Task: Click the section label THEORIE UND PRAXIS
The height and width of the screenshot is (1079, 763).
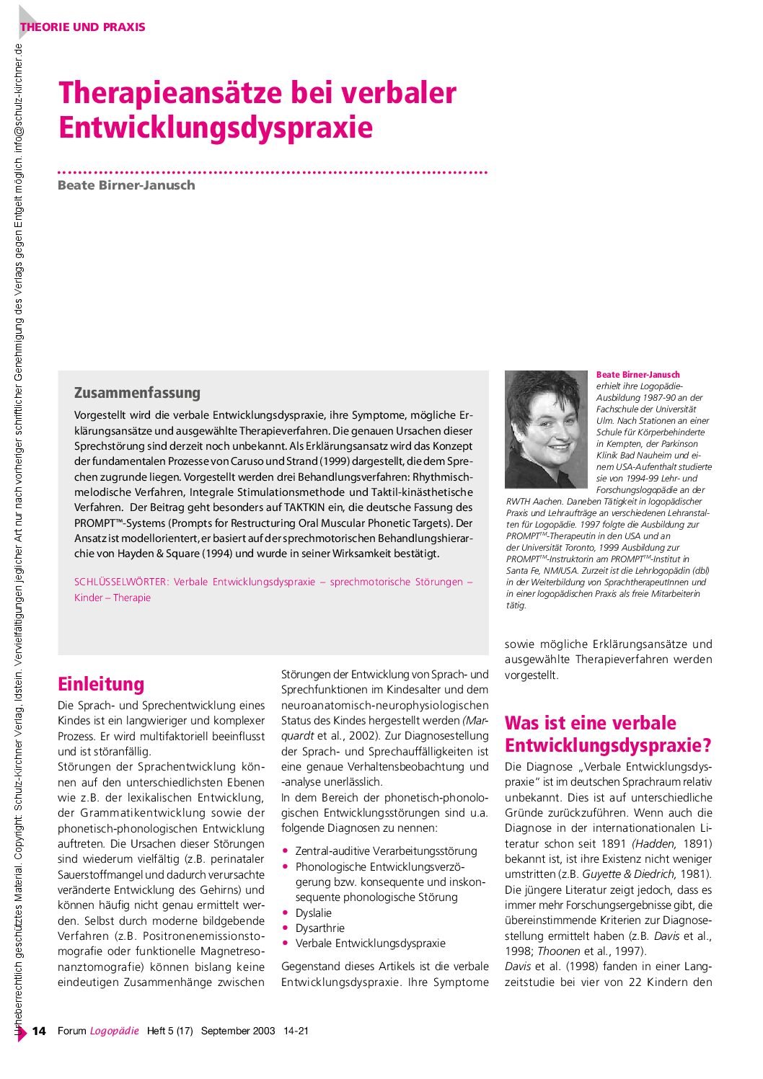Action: (x=83, y=27)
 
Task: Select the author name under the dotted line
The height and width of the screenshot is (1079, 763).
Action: (x=126, y=185)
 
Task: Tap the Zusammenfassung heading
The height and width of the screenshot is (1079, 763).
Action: (x=137, y=393)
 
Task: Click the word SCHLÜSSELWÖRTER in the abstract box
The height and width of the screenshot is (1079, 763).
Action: (x=121, y=582)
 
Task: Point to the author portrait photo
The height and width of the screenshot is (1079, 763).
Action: (x=546, y=429)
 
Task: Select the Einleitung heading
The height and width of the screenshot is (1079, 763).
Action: (x=101, y=683)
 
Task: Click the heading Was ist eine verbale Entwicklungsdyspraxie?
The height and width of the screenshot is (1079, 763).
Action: (x=608, y=734)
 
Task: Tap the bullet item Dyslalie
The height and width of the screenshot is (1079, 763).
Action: (x=314, y=913)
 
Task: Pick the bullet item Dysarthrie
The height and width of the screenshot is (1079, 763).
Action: (x=319, y=928)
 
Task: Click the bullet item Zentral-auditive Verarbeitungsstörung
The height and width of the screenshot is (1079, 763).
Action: (x=386, y=851)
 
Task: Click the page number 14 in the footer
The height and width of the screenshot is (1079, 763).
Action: (x=39, y=1031)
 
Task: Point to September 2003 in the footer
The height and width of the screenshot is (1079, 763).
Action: (x=238, y=1031)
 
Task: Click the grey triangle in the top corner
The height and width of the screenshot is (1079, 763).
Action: (x=27, y=16)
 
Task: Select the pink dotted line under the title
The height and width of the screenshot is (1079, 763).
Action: (x=273, y=173)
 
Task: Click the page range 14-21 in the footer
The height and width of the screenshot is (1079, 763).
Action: (x=296, y=1031)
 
